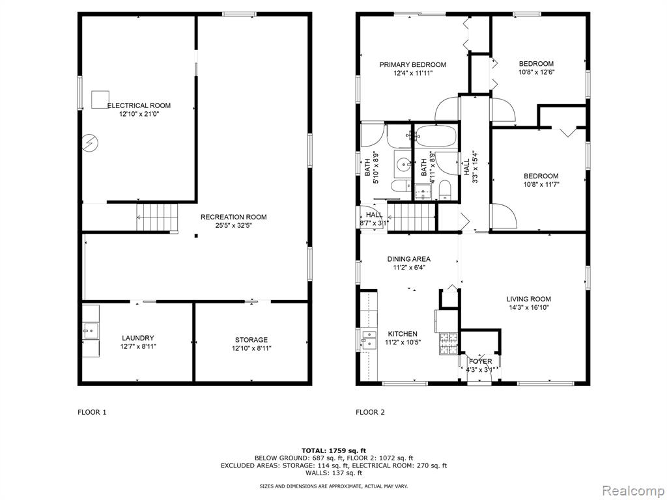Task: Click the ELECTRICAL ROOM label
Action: (139, 105)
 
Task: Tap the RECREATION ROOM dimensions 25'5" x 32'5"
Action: (233, 226)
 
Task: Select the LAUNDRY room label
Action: (138, 338)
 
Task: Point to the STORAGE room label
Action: (251, 340)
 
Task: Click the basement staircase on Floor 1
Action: (157, 216)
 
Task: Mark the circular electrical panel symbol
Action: (89, 143)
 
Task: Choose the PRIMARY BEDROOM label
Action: (413, 64)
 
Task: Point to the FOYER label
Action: (480, 361)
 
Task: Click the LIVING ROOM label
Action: (528, 299)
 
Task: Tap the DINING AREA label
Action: (408, 259)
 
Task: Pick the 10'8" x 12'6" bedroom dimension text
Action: (536, 72)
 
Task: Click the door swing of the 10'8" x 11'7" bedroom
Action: (502, 216)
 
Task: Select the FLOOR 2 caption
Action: (370, 412)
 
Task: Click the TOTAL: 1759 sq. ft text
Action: (333, 451)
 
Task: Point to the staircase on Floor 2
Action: (412, 215)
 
